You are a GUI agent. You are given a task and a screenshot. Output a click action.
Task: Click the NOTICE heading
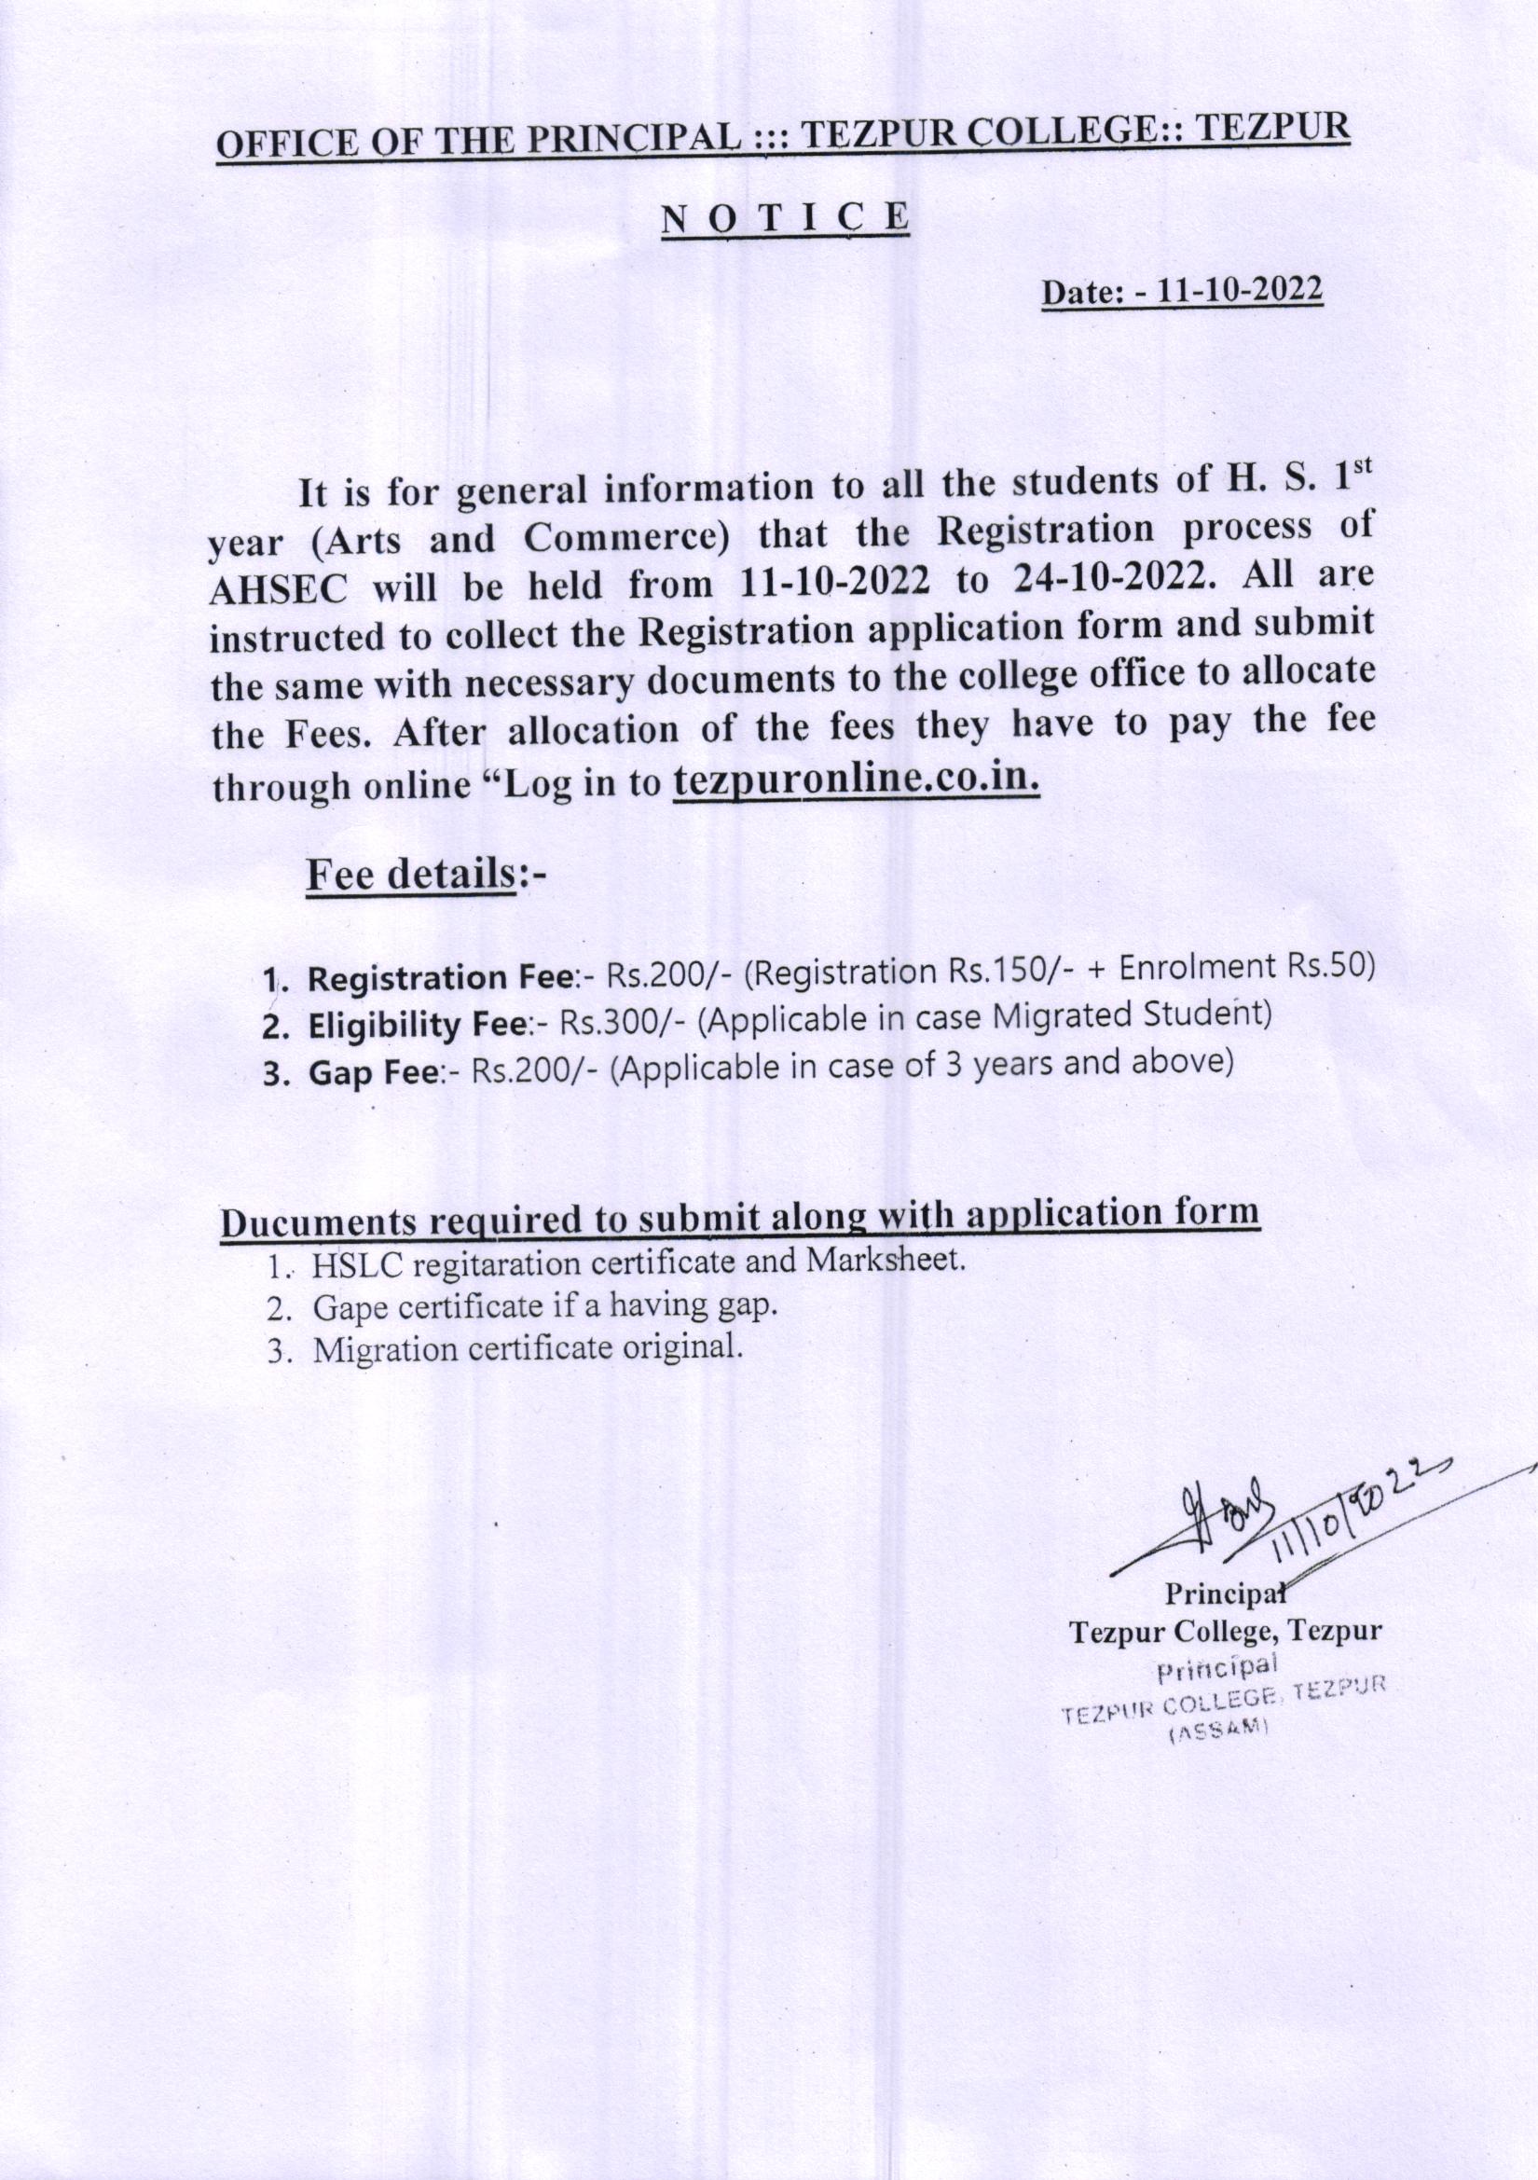[x=784, y=216]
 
